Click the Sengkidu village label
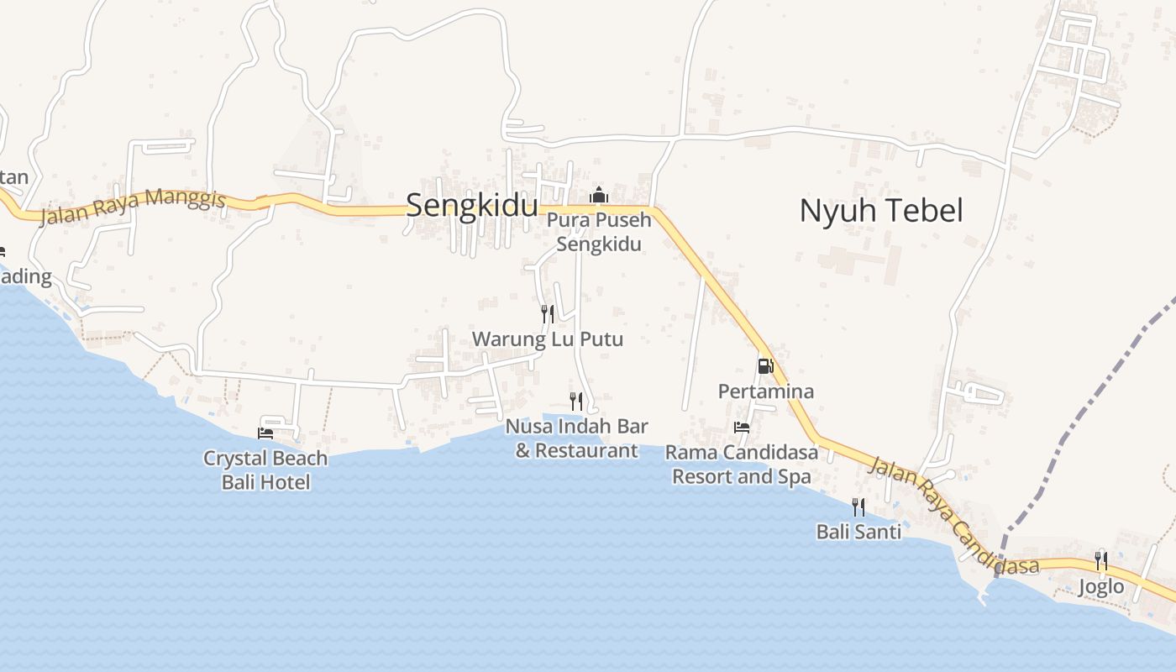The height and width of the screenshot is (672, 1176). coord(471,206)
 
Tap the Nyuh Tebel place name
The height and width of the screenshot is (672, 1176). coord(880,211)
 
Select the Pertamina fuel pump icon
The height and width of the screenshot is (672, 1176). coord(764,366)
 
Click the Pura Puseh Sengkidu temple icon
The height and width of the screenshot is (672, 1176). coord(598,195)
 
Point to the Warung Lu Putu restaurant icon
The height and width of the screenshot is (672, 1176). coord(547,314)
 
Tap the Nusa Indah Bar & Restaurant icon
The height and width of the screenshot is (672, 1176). coord(575,401)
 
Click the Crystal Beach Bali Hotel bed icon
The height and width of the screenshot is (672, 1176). coord(265,433)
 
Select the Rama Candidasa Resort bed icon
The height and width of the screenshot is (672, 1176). coord(741,428)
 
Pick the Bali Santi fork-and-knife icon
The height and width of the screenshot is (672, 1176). coord(858,507)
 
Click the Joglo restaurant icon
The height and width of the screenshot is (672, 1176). coord(1100,560)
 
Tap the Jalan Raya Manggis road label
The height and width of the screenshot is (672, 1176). coord(134,207)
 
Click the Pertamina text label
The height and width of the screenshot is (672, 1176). coord(765,391)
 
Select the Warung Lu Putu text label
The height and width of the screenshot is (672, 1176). coord(548,339)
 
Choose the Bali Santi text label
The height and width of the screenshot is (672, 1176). coord(858,532)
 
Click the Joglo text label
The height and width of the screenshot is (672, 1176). coord(1100,585)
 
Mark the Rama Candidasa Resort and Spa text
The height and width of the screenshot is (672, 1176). coord(741,465)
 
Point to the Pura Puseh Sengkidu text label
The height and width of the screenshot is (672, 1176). coord(599,233)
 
